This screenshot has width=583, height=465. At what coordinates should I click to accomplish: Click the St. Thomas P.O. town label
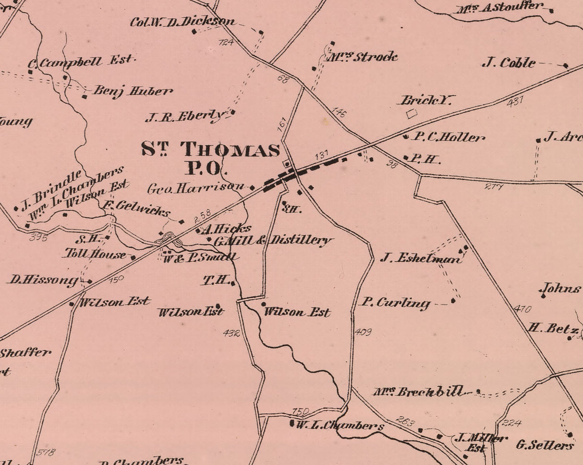tap(210, 158)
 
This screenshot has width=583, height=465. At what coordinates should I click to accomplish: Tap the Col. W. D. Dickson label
tap(183, 22)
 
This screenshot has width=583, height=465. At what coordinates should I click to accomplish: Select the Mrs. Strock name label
tap(363, 57)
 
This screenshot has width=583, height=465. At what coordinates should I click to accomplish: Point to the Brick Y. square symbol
tap(411, 114)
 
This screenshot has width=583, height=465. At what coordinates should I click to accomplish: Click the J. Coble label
tap(509, 63)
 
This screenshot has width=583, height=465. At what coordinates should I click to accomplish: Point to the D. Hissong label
tap(43, 280)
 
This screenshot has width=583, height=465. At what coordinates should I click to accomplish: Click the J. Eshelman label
tap(421, 258)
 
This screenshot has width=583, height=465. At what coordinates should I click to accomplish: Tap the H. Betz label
tap(553, 329)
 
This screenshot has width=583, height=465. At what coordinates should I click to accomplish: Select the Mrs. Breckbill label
tap(419, 392)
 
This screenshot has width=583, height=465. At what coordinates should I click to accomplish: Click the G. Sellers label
tap(545, 445)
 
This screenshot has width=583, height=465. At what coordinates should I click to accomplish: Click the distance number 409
tap(363, 331)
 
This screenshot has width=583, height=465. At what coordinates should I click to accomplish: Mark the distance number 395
tap(38, 237)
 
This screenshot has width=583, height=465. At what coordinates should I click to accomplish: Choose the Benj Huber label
tap(133, 91)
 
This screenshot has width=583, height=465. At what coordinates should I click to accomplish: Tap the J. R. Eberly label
tap(185, 116)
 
